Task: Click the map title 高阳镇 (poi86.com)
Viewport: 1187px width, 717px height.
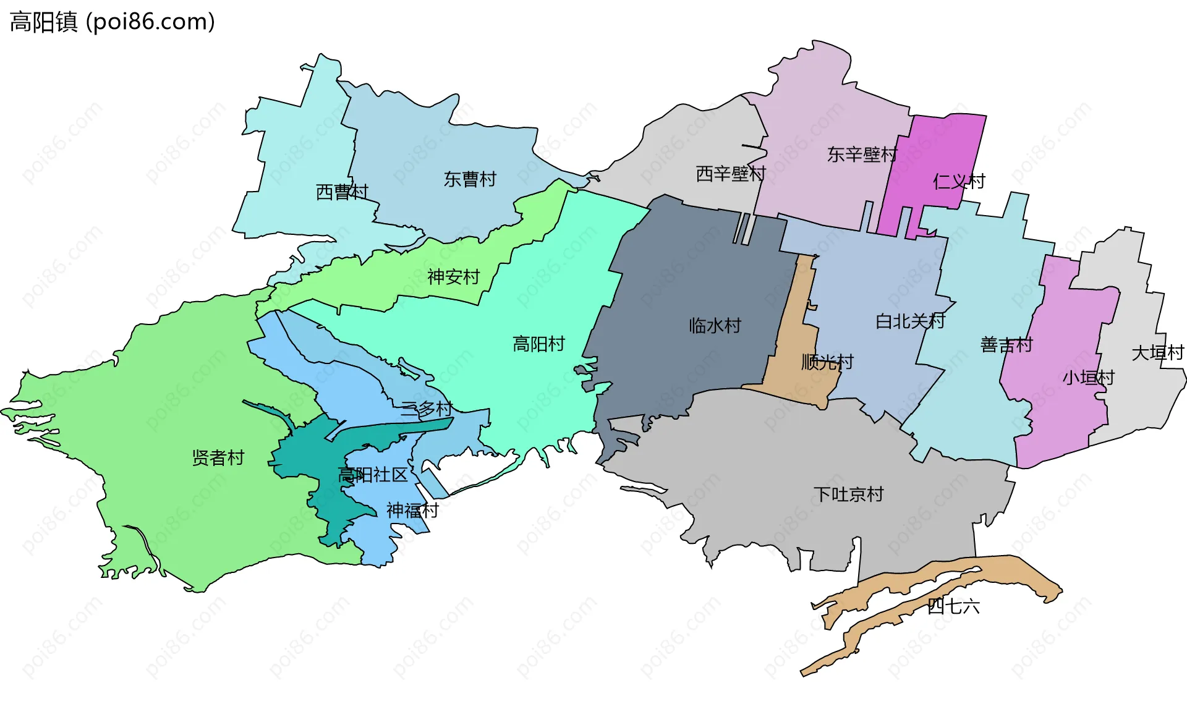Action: pos(113,22)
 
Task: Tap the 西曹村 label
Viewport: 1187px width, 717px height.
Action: pos(342,192)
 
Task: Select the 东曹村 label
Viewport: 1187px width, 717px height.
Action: pos(470,179)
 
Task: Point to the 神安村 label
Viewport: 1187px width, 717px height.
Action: pos(453,277)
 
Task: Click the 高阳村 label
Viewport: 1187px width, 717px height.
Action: pos(538,344)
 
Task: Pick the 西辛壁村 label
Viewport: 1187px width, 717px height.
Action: pos(731,174)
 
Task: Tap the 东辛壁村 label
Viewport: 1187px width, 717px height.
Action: pos(862,155)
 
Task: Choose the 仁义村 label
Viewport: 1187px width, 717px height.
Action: pos(959,182)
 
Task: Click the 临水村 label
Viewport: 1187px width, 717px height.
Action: pos(715,326)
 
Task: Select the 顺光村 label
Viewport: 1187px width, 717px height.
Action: pos(827,362)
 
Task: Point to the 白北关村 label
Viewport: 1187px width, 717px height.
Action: pos(910,321)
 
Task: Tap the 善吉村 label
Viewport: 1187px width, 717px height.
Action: pos(1006,345)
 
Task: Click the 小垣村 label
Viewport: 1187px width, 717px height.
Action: pos(1088,378)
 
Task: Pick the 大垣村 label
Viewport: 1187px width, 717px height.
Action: pos(1157,353)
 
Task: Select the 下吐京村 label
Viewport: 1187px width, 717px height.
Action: pos(848,494)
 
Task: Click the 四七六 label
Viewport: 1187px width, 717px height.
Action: pos(953,606)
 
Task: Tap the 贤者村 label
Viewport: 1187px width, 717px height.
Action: pos(218,458)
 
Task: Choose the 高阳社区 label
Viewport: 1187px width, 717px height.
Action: pos(373,475)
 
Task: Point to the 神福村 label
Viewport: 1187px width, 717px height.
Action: pos(412,511)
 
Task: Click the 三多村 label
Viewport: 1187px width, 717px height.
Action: pos(427,409)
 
